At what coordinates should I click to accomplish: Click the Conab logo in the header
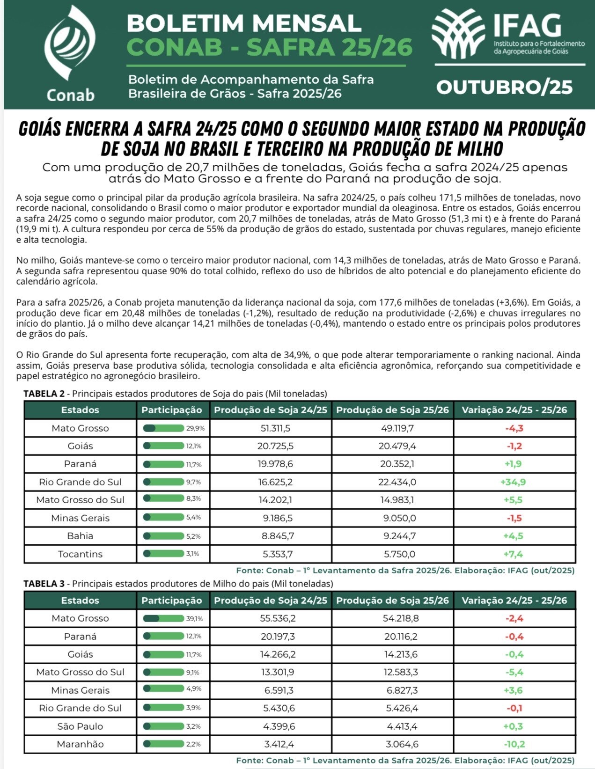70,54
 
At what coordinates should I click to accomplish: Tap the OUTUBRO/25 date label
505,87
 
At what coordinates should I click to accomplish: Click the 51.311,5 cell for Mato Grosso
275,428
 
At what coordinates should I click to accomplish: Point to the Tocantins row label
80,554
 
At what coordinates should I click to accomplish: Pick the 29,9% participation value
195,428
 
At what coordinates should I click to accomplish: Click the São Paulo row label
80,726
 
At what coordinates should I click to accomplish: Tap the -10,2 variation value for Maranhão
514,744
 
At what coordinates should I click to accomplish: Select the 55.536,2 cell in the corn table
278,618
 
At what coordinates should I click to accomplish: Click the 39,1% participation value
195,619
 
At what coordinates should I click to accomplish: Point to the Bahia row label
80,536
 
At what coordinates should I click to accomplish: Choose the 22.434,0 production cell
397,482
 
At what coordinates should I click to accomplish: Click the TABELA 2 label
44,394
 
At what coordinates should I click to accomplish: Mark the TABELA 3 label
44,584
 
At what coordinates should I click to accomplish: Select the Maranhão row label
80,744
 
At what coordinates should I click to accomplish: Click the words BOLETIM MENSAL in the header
244,23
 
